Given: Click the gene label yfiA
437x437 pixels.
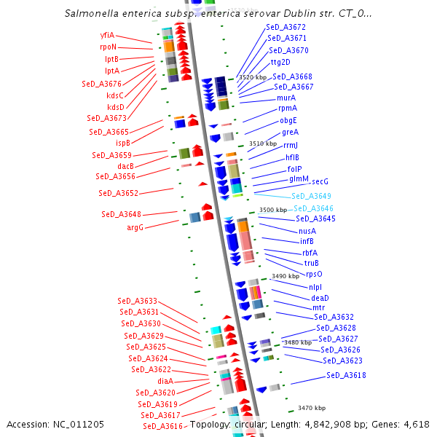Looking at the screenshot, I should coord(107,35).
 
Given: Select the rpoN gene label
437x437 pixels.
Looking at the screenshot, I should coord(108,47).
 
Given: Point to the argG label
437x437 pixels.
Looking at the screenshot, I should coord(135,227).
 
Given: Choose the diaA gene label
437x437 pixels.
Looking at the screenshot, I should coord(165,381).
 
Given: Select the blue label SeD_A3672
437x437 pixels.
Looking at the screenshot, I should coord(286,27).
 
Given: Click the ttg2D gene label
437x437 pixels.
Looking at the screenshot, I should coord(280,62).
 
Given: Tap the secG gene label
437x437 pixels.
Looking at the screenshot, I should coord(320,181).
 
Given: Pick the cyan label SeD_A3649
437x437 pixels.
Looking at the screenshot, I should coord(311,196).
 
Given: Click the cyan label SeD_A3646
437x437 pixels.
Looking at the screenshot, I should coord(313,208).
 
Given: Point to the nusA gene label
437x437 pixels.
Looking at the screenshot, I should coord(307,231).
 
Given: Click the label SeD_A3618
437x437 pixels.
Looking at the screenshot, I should coord(346,375).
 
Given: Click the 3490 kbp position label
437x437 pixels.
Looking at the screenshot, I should coord(286,277).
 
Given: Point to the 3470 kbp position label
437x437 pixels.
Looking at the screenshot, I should coord(312,408).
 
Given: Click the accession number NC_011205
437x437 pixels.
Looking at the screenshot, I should coord(78,424).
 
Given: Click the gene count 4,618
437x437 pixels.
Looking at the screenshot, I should coord(416,424).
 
